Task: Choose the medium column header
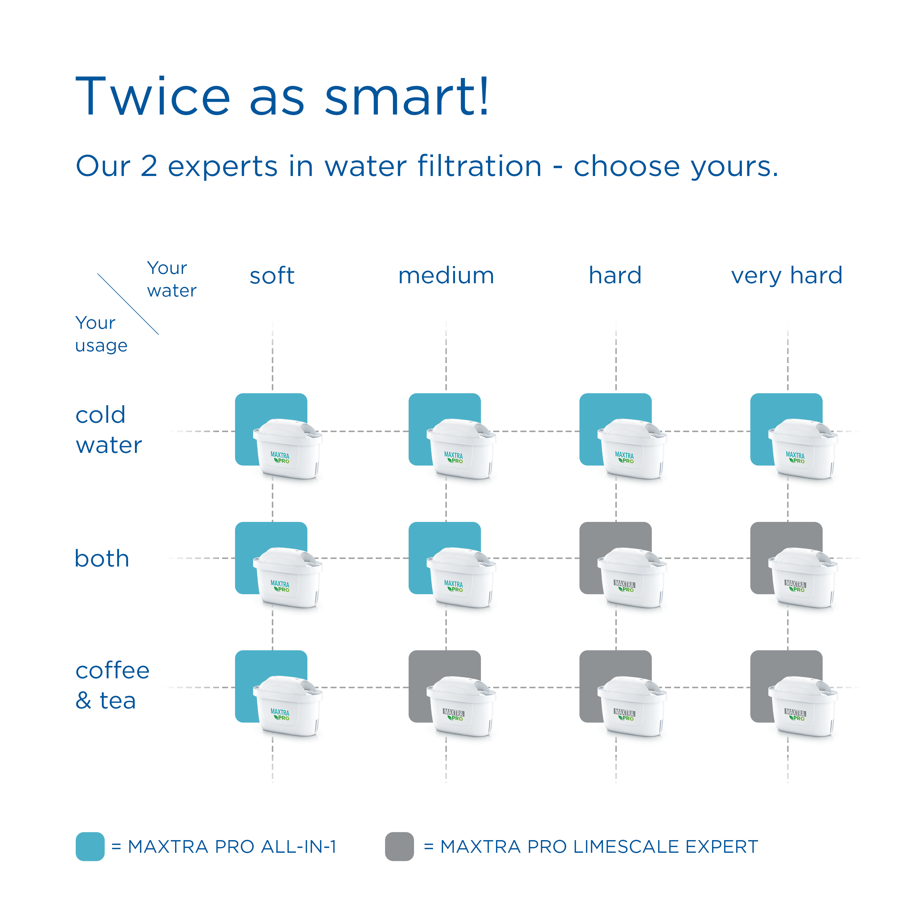[x=446, y=276]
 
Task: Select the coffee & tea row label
[x=112, y=686]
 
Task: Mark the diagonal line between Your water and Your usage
[x=128, y=304]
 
